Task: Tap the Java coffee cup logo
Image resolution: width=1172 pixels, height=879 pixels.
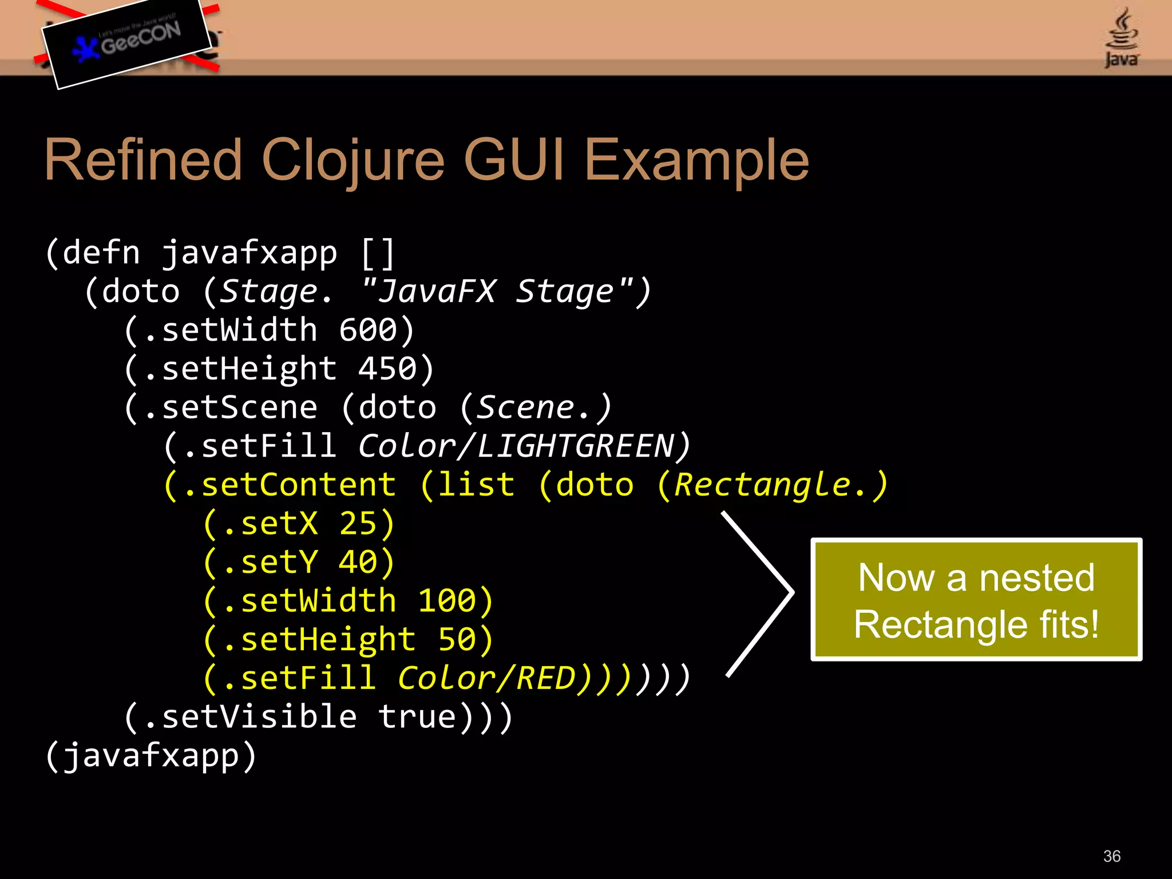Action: click(1121, 38)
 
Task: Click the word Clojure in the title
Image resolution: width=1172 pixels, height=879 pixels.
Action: click(353, 161)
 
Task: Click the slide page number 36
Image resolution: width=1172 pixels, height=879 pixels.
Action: click(1111, 856)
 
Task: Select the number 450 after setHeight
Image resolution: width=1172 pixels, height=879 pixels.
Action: click(387, 369)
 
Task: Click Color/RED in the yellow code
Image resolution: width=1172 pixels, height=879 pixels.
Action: click(486, 679)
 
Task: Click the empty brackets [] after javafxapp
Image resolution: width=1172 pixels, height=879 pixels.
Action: click(378, 254)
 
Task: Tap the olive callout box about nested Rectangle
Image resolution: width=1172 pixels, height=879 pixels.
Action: click(976, 600)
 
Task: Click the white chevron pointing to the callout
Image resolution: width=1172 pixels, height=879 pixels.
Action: click(767, 593)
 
